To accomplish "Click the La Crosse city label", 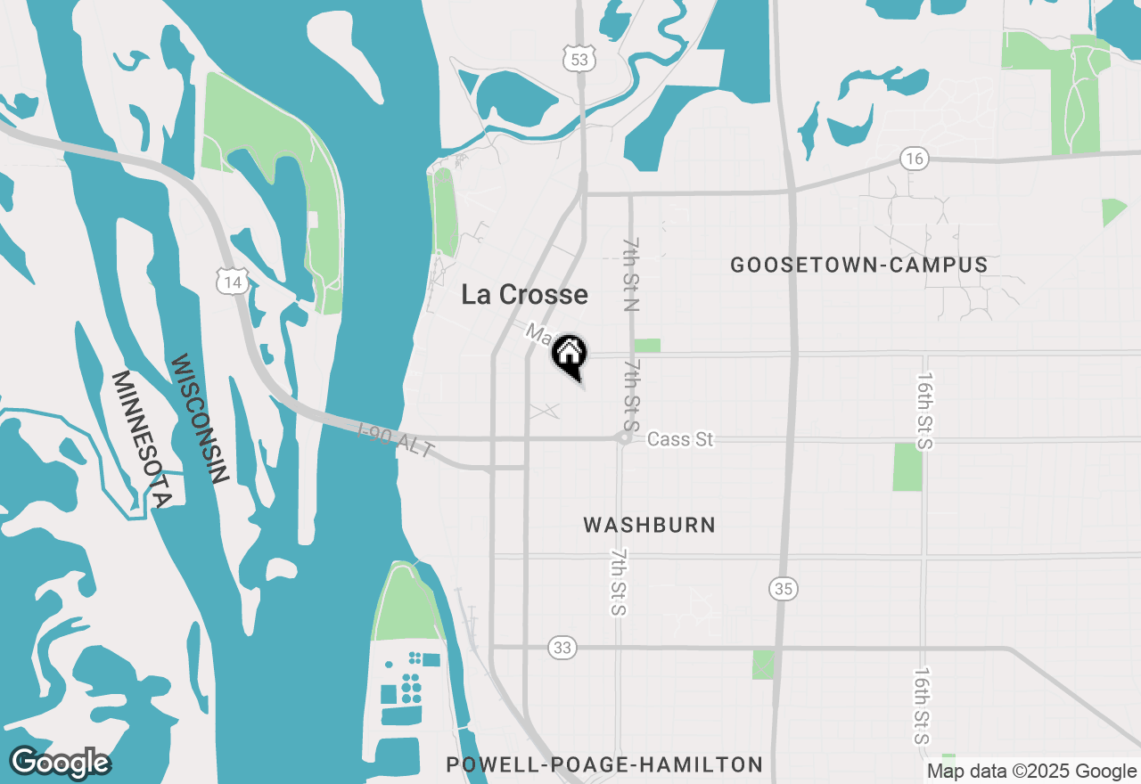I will tap(524, 295).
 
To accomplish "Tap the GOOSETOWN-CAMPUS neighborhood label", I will tap(858, 265).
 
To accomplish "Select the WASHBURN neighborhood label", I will tap(649, 525).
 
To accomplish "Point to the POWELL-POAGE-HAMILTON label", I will tap(604, 764).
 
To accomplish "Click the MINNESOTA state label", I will tap(140, 438).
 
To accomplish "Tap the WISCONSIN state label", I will tap(199, 418).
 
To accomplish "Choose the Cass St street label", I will tap(680, 439).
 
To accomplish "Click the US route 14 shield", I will tap(234, 282).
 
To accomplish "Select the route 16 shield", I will tap(915, 159).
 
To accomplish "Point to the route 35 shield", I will tap(784, 589).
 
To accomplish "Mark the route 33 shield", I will tap(562, 648).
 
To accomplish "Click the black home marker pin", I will tap(568, 355).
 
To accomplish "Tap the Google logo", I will tap(60, 763).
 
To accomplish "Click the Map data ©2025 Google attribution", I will tap(1030, 772).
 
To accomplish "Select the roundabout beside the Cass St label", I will tap(624, 437).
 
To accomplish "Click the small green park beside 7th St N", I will tap(647, 346).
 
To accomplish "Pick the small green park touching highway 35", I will tap(763, 665).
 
